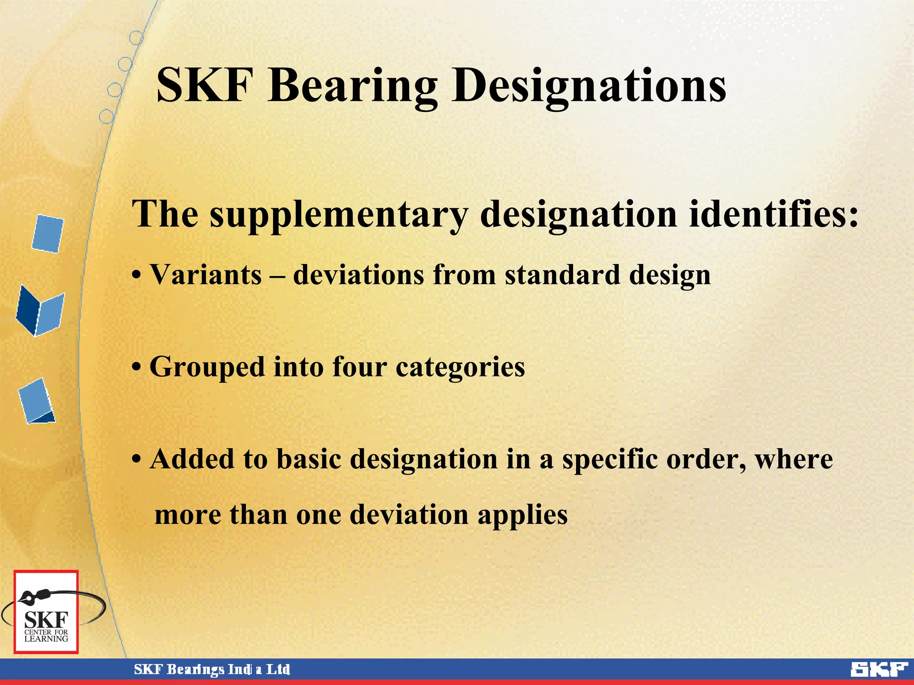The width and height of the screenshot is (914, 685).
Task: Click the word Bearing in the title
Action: pos(353,86)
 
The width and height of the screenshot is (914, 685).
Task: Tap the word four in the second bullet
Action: pos(359,367)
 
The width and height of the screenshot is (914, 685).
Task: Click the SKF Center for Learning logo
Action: pos(46,612)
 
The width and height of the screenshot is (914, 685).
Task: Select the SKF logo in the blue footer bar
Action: pos(879,669)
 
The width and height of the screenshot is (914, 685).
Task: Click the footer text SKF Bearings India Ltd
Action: pos(212,669)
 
